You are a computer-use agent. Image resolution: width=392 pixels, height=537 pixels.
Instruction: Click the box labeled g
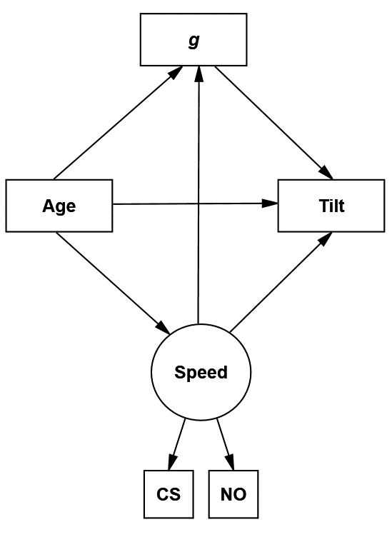point(194,39)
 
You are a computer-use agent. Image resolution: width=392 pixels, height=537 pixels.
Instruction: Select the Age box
point(59,206)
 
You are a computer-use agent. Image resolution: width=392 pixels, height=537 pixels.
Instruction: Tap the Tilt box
point(331,206)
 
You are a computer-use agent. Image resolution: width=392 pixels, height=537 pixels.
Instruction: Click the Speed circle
point(201,372)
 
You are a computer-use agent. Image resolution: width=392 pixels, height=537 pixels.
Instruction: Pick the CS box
point(169,494)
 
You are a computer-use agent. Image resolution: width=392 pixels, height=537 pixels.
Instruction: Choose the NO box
point(233,494)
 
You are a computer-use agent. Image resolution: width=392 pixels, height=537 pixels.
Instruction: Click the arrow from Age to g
point(118,123)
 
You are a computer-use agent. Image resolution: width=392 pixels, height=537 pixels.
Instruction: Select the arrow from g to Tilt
point(273,123)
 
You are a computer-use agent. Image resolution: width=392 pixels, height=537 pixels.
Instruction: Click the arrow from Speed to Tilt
point(281,283)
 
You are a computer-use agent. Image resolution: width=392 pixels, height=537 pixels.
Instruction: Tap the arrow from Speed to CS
point(176,445)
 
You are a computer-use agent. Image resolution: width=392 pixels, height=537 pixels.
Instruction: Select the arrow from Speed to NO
point(225,445)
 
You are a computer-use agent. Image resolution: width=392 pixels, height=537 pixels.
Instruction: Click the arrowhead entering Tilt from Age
point(270,204)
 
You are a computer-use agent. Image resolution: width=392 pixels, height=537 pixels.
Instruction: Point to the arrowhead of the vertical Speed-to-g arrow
point(198,74)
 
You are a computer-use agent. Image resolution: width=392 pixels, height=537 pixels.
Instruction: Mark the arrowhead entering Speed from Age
point(164,328)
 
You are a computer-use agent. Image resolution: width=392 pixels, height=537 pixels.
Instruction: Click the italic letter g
point(194,41)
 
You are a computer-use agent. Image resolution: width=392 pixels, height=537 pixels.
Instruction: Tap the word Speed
point(201,372)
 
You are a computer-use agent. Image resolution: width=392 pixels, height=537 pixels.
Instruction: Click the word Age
point(59,206)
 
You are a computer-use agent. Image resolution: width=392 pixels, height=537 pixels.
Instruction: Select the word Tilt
point(332,206)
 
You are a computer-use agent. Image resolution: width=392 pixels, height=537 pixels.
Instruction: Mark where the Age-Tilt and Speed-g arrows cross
point(198,204)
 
